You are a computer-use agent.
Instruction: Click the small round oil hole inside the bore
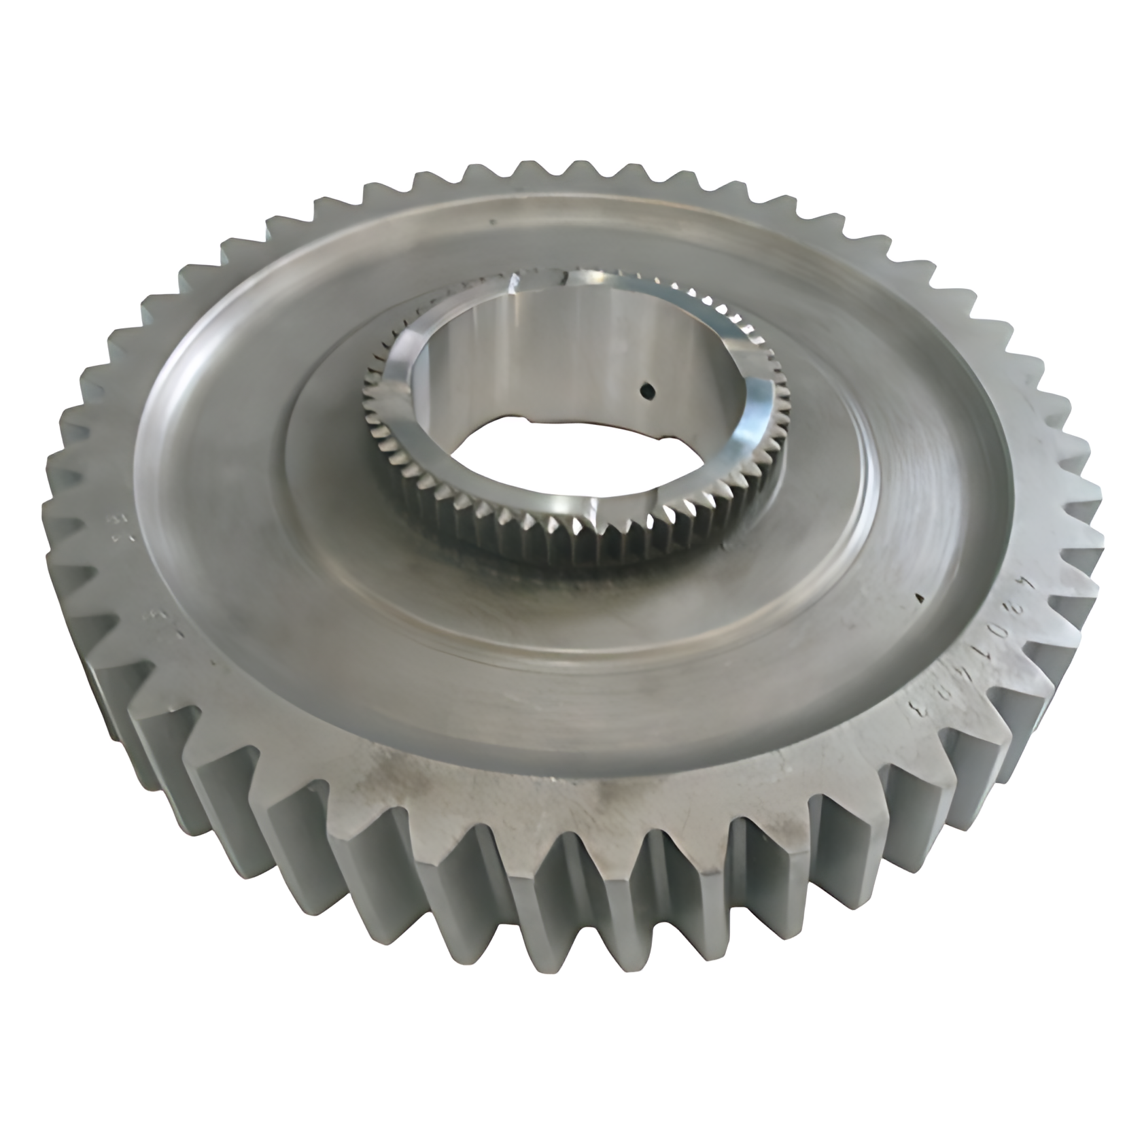pos(647,391)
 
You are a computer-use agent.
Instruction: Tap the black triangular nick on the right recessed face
pos(920,598)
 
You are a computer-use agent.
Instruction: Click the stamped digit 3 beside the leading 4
pos(1013,608)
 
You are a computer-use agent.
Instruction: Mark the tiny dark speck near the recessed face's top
pos(488,221)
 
